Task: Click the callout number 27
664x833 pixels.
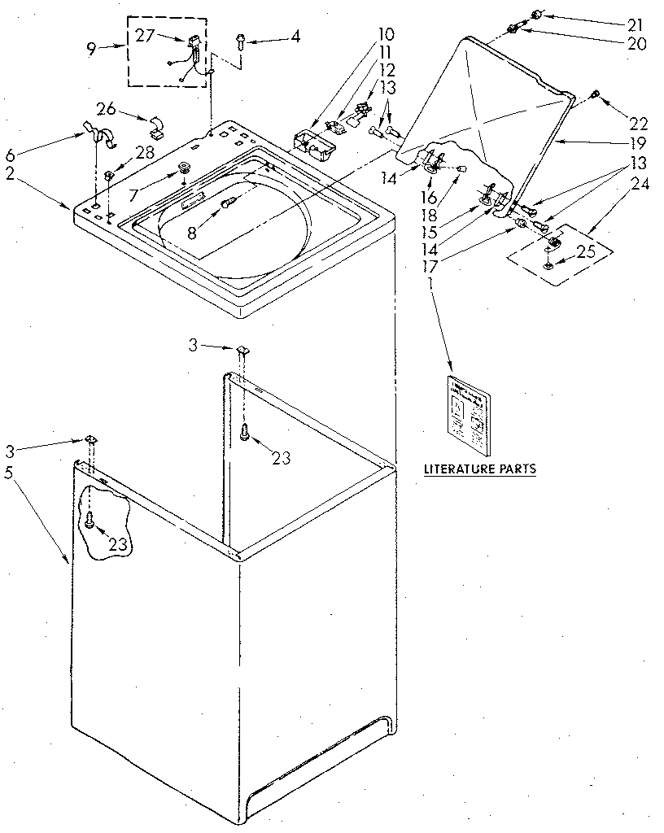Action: point(146,35)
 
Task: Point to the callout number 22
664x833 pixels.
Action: point(638,124)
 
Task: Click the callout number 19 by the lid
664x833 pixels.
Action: point(637,142)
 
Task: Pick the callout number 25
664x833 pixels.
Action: point(586,252)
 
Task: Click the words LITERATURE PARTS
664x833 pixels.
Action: point(480,469)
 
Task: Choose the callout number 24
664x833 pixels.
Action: point(640,184)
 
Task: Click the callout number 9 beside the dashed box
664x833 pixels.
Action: point(90,49)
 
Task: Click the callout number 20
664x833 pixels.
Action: point(636,44)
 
